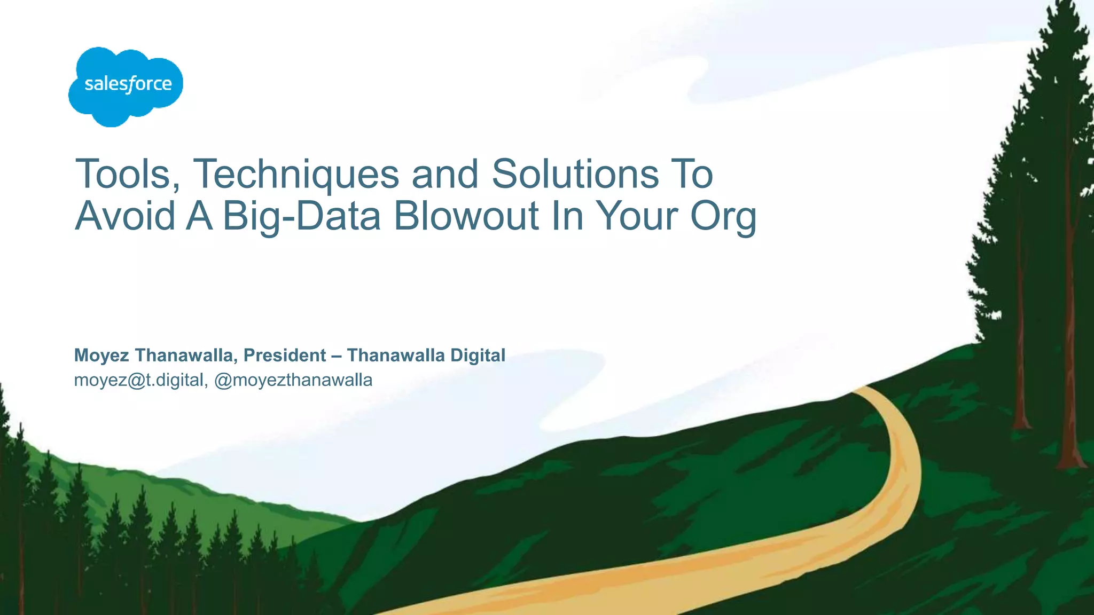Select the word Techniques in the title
point(295,174)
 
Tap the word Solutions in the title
point(575,174)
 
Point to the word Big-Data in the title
point(301,216)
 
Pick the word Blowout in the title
point(466,216)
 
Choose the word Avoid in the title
point(126,216)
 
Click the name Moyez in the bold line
point(101,356)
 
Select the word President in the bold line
point(285,356)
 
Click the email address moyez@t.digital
point(139,380)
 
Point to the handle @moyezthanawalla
point(293,380)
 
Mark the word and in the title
point(445,174)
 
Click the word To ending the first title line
point(692,174)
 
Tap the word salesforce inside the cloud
point(128,84)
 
